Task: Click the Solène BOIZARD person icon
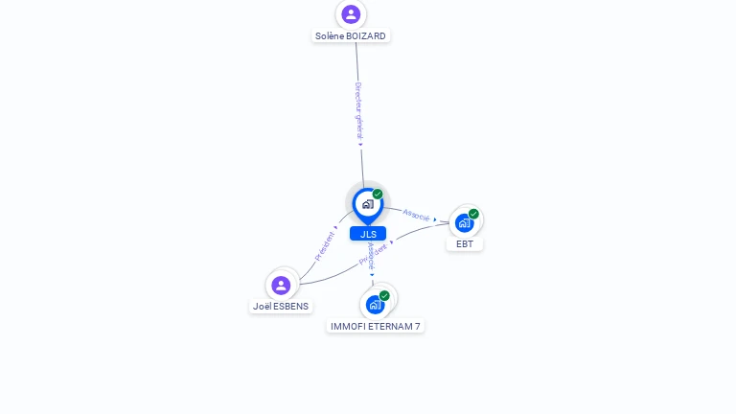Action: pos(351,14)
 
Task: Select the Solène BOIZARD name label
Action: pos(351,36)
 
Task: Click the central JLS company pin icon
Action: pos(367,204)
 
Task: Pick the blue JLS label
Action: pos(368,234)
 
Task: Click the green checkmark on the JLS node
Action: pos(378,195)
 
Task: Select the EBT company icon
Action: pos(465,223)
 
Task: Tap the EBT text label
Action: pos(465,244)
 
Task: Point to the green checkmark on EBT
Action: pos(473,214)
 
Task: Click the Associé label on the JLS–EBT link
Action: pos(417,215)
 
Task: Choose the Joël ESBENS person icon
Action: pos(281,285)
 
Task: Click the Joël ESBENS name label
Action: pos(281,307)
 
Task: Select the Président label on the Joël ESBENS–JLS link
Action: pos(326,245)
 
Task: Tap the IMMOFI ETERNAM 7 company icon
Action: pos(375,305)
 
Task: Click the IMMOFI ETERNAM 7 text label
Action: pos(376,327)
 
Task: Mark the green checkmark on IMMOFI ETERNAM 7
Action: pos(384,295)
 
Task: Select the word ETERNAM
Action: pos(387,327)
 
